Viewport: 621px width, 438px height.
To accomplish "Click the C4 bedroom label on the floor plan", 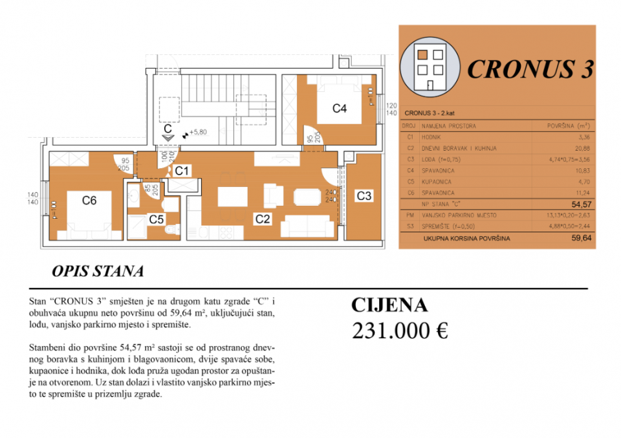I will pos(340,109).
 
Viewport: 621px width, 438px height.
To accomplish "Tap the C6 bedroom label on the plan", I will pos(89,201).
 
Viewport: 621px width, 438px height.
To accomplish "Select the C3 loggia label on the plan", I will pos(364,196).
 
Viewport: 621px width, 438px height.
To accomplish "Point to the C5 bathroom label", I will pos(156,219).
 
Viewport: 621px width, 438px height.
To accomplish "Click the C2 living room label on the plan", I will pos(262,219).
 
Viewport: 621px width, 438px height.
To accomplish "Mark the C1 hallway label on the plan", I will pos(183,171).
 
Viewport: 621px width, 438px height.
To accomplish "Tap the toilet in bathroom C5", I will pos(169,231).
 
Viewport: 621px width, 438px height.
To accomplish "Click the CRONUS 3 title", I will pos(530,69).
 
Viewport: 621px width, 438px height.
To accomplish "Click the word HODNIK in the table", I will pos(432,137).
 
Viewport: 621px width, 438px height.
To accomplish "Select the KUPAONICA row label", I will pos(437,182).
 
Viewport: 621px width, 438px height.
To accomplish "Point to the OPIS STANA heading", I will pos(96,271).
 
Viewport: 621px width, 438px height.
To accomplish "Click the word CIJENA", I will pos(389,305).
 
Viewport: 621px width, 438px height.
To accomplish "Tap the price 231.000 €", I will pos(400,331).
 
